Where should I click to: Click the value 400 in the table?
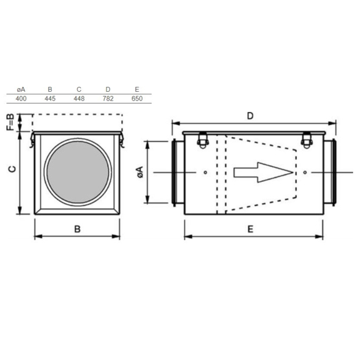pyautogui.click(x=21, y=99)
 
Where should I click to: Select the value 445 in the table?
pyautogui.click(x=50, y=99)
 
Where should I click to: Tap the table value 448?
pyautogui.click(x=79, y=99)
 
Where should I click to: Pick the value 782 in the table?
pyautogui.click(x=108, y=99)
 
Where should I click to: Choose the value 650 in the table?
pyautogui.click(x=137, y=99)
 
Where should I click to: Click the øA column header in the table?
pyautogui.click(x=21, y=89)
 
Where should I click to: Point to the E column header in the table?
pyautogui.click(x=137, y=89)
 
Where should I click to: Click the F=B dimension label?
pyautogui.click(x=10, y=122)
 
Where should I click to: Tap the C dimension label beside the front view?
pyautogui.click(x=12, y=169)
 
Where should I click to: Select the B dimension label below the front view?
pyautogui.click(x=77, y=229)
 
